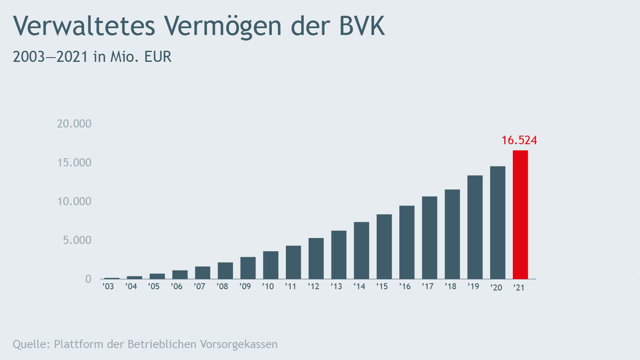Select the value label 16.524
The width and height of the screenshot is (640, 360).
[519, 140]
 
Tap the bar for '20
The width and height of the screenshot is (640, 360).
[497, 223]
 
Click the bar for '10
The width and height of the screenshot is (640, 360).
[271, 265]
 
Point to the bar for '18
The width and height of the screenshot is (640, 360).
[452, 234]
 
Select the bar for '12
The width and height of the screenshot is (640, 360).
[316, 258]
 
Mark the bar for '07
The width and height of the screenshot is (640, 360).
[203, 273]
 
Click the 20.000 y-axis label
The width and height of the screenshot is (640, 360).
[74, 124]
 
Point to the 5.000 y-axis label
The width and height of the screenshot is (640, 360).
[77, 240]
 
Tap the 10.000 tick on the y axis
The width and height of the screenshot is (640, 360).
[74, 201]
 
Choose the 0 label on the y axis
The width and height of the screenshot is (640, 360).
[88, 279]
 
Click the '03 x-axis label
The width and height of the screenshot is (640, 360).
[108, 287]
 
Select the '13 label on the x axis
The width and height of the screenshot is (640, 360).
[336, 287]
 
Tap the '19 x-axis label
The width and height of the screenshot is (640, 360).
[473, 287]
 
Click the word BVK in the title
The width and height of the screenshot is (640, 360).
[362, 26]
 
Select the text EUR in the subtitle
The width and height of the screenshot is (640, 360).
[158, 57]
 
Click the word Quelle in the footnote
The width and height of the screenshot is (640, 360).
[31, 344]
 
